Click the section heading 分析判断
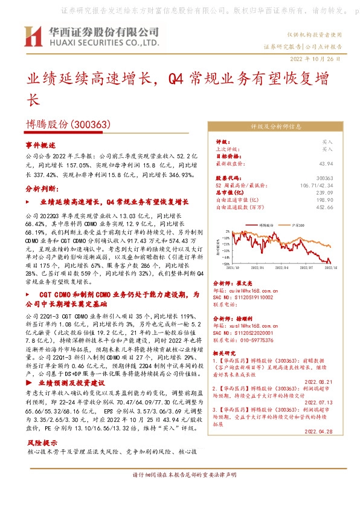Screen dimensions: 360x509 coord(42,189)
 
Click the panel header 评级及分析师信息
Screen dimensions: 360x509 coord(275,127)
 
